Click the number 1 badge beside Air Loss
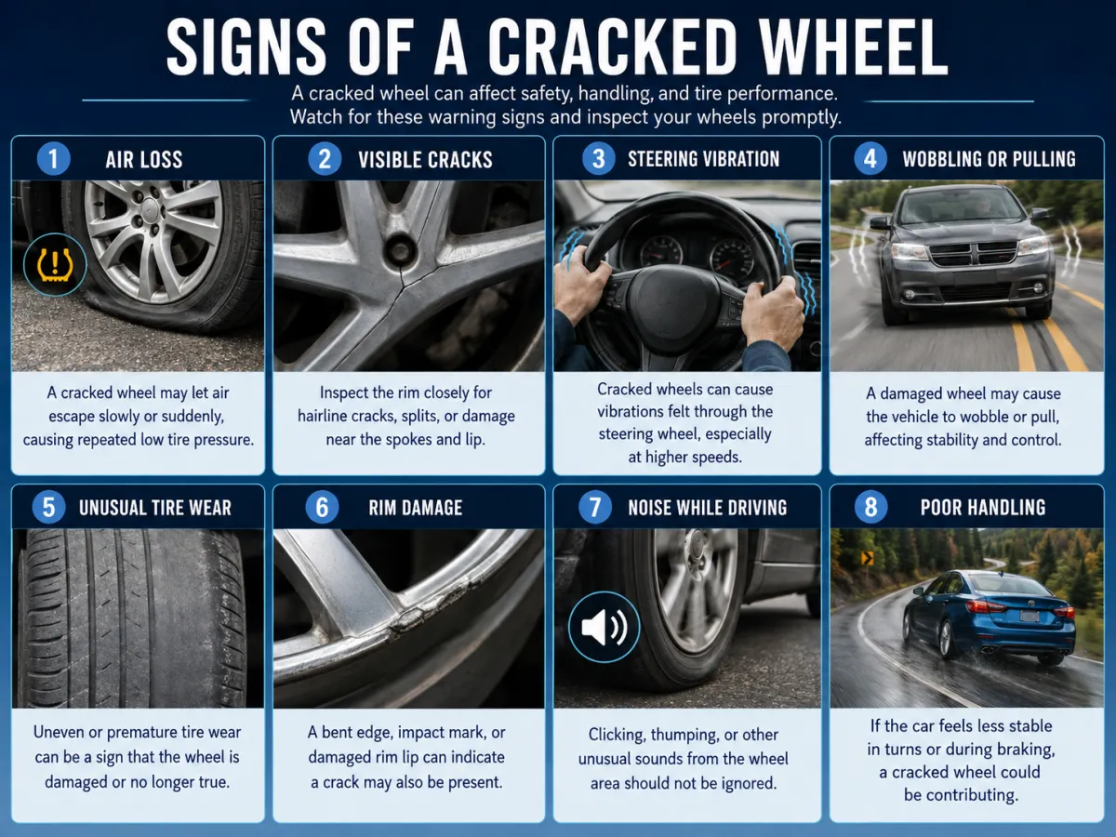[x=53, y=159]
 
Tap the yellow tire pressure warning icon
[x=55, y=265]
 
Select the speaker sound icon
[x=604, y=627]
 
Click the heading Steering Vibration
[x=703, y=159]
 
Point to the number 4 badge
[x=870, y=158]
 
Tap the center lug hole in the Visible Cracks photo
[x=399, y=250]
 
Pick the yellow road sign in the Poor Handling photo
[x=867, y=558]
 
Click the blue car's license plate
[x=1030, y=617]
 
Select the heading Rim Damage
[x=416, y=508]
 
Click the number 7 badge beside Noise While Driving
[x=595, y=507]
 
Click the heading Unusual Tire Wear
[x=155, y=508]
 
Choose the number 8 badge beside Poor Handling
[x=870, y=507]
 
